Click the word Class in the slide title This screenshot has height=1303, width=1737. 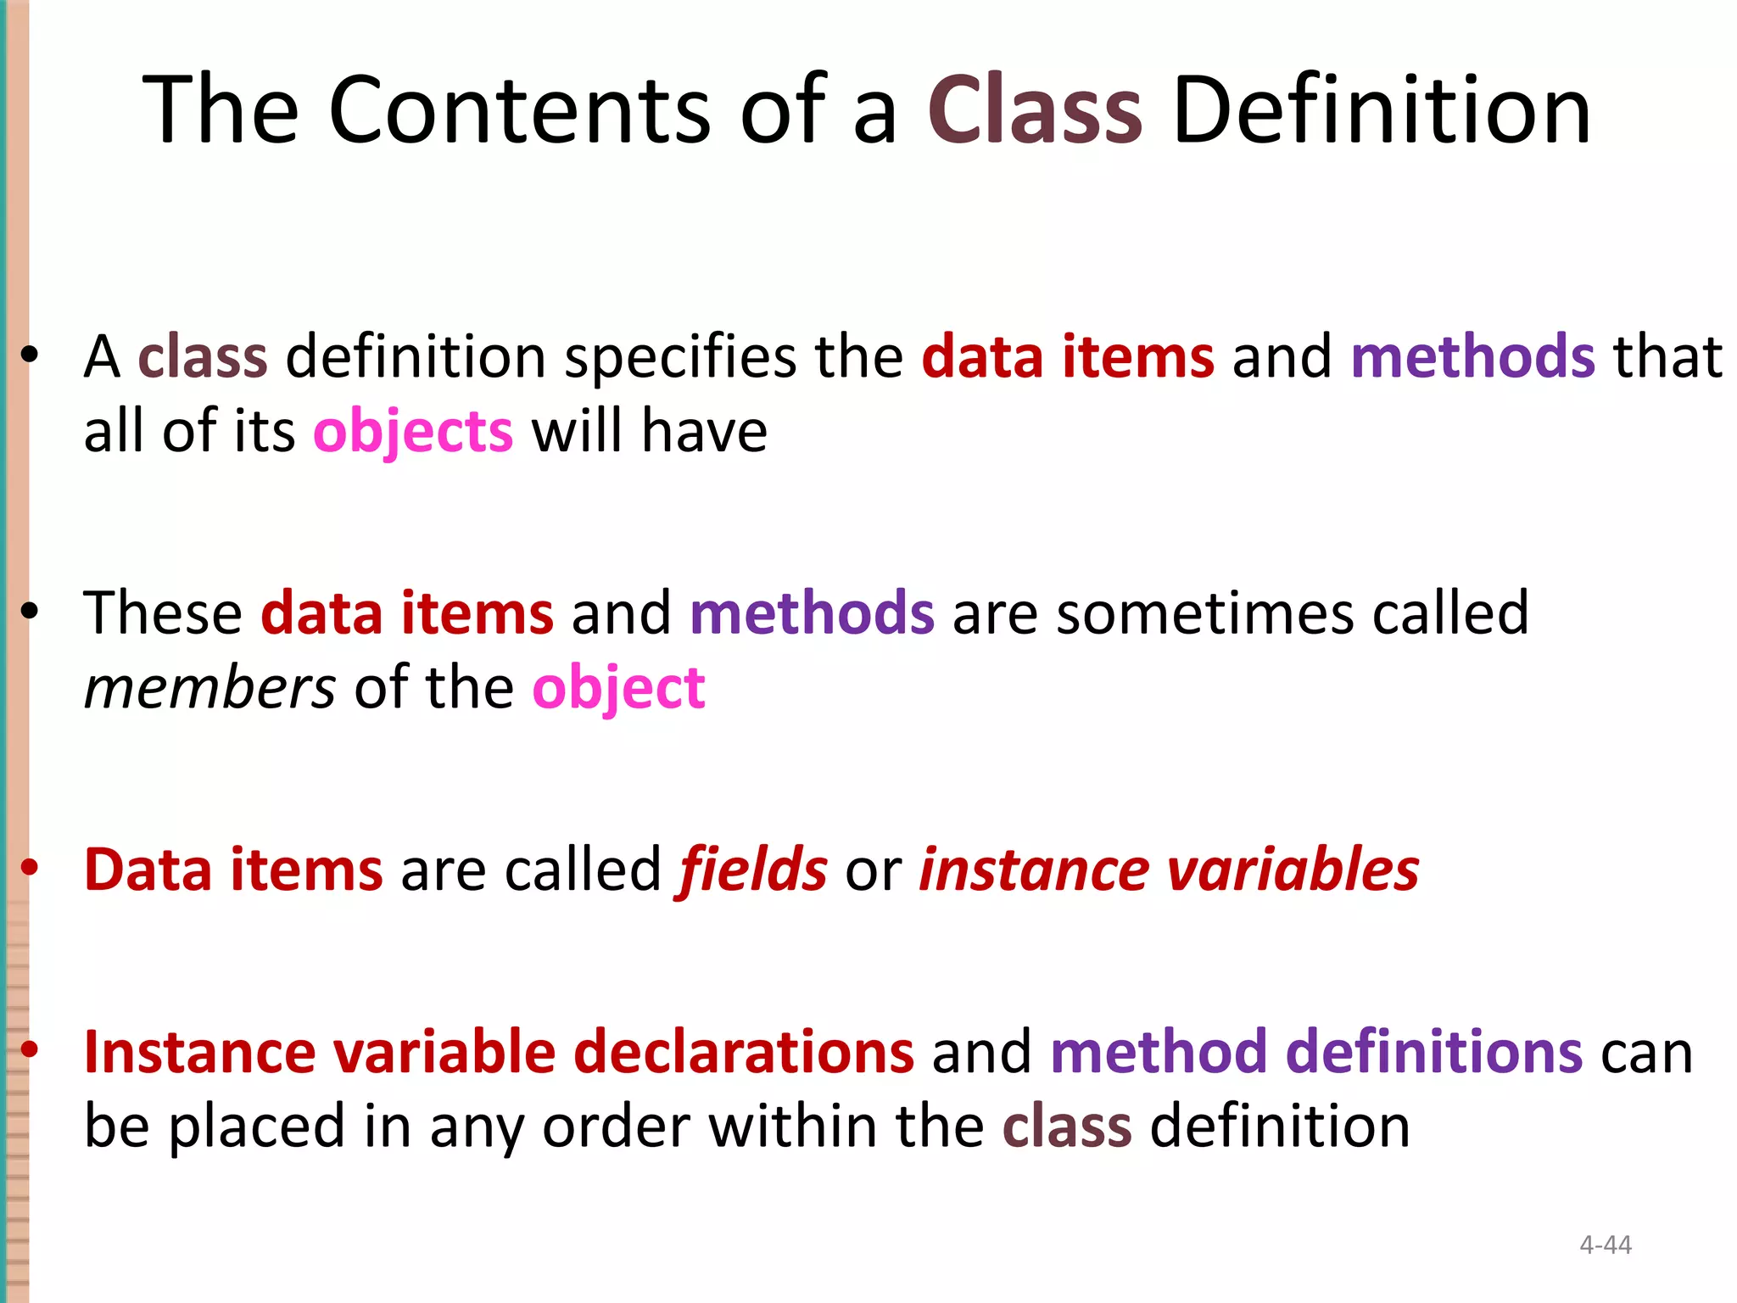1036,110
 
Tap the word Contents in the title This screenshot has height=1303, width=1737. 519,110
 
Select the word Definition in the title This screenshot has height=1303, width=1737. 1382,110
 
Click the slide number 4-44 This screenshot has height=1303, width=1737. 1606,1244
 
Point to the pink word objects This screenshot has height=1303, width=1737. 413,432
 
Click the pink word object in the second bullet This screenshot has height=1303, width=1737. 618,688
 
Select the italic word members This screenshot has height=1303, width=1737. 209,688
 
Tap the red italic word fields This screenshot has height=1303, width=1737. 751,870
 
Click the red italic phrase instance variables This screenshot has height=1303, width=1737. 1169,870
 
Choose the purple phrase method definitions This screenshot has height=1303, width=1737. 1316,1052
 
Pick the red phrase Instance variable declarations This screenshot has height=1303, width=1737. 499,1052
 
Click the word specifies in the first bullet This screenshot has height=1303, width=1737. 680,357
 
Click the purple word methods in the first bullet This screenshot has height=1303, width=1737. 1473,357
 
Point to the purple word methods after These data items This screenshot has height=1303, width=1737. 812,613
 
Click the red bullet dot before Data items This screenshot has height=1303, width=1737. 31,867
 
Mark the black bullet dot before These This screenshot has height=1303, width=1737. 31,611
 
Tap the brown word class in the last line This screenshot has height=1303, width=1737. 1067,1127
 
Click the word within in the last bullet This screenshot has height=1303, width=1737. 793,1127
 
